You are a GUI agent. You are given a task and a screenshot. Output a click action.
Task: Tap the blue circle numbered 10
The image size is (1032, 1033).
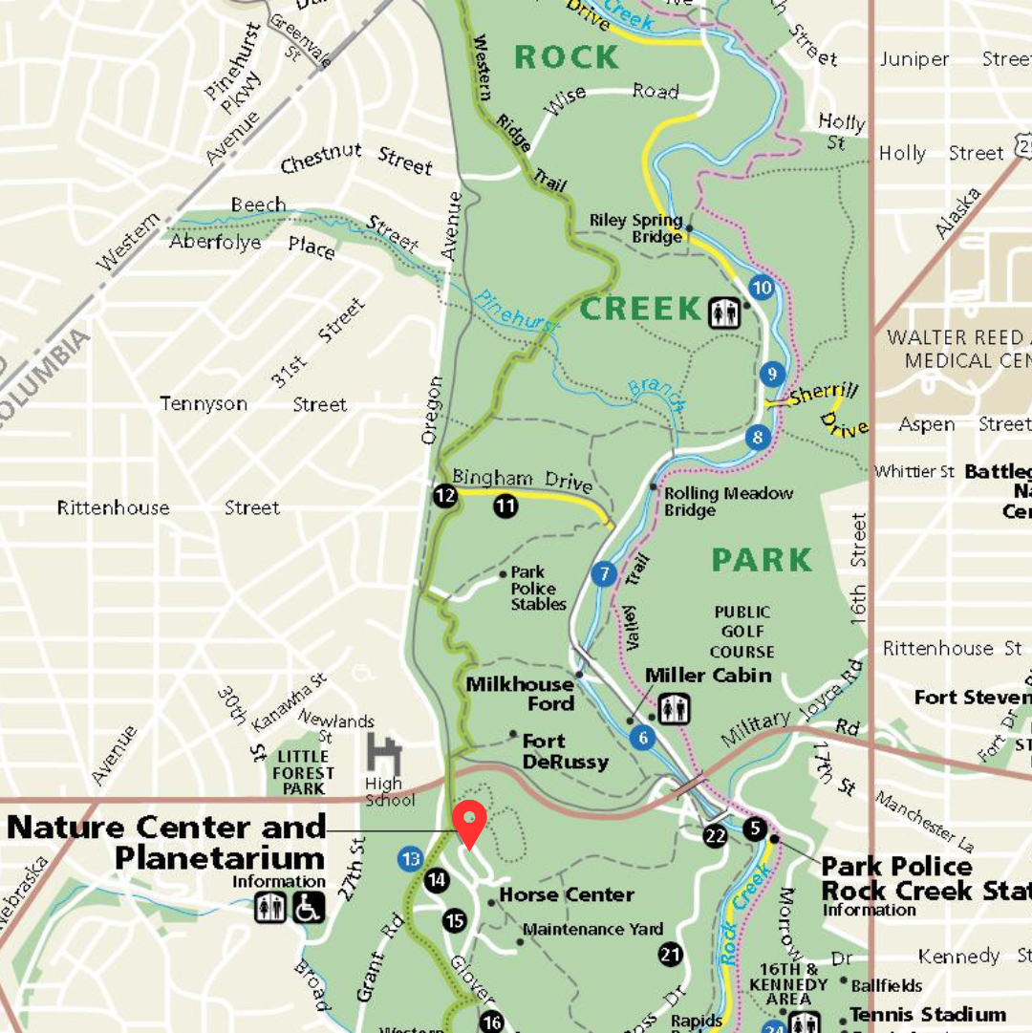coord(762,287)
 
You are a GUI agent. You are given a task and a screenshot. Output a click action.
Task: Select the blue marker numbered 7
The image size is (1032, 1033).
coord(603,574)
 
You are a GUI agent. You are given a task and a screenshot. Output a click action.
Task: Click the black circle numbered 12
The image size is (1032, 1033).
coord(444,495)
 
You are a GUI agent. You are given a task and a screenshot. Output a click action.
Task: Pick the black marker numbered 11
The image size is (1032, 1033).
coord(505,506)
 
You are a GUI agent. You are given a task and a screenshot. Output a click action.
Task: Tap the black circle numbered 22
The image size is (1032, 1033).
coord(715,836)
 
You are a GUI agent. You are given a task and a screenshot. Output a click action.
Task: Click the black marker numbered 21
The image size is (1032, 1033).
coord(671,953)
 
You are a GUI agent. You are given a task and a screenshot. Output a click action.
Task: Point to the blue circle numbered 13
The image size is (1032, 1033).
coord(411,859)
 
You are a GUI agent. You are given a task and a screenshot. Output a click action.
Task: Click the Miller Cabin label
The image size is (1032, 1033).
coord(708,676)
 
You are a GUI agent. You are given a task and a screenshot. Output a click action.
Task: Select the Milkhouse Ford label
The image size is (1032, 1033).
coord(521,694)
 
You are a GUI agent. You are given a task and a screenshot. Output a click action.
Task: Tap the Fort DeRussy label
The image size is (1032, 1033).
coord(565,751)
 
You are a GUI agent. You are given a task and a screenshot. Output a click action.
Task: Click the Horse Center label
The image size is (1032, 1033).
coord(567,895)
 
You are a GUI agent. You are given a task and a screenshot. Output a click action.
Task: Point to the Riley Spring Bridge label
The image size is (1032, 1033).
coord(636,228)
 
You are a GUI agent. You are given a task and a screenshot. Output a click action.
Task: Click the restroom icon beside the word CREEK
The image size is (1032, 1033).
coord(724,312)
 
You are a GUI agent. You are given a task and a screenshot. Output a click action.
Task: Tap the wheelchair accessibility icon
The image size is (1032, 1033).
coord(308,908)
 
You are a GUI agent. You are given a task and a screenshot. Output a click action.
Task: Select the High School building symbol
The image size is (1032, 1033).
coord(384,755)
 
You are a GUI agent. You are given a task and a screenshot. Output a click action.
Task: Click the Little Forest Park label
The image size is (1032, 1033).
coord(305,772)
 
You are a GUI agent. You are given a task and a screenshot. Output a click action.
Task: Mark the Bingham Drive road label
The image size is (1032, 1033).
coord(522,478)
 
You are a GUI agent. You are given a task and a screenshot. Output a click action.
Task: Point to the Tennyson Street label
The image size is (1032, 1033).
coord(253,404)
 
